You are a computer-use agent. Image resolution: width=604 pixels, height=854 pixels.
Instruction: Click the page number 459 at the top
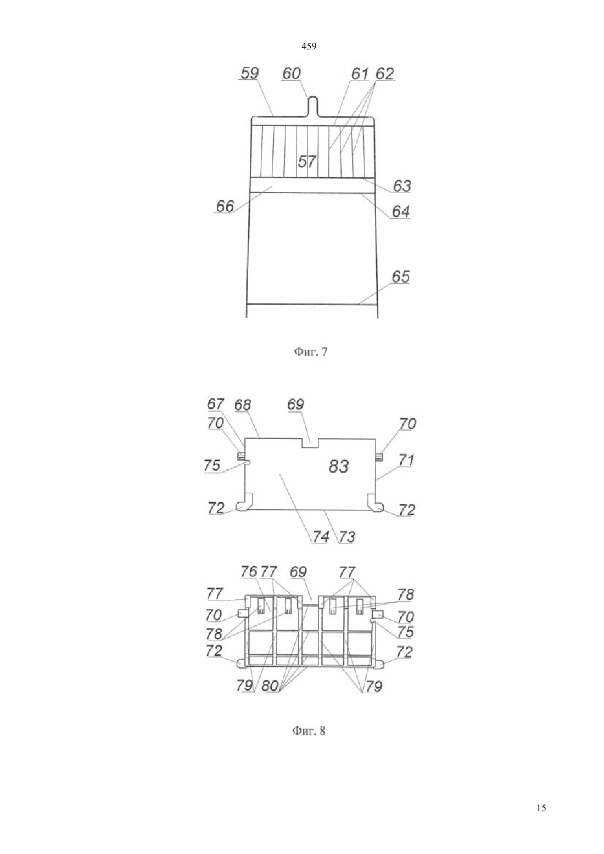tap(309, 47)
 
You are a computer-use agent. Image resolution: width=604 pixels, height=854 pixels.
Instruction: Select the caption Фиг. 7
tap(310, 352)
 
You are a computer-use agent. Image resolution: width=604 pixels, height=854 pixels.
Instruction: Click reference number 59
tap(250, 73)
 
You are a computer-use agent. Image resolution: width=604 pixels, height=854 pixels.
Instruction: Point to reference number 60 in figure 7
tap(292, 74)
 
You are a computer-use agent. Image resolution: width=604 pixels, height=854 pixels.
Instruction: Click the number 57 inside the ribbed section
tap(307, 162)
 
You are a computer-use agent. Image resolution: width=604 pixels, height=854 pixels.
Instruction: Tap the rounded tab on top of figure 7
tap(312, 106)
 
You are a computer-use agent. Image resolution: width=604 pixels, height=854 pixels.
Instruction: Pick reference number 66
tap(225, 206)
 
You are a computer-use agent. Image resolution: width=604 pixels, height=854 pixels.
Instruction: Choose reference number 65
tap(401, 277)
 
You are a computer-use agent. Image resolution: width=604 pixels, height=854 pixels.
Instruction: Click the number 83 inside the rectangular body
tap(339, 466)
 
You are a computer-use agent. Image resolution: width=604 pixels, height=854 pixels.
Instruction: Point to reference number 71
tap(406, 460)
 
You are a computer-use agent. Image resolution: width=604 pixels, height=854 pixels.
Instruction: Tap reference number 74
tap(321, 536)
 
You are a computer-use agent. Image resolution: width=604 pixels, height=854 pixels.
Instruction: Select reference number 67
tap(216, 404)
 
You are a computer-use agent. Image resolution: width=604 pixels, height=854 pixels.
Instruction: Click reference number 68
tap(243, 405)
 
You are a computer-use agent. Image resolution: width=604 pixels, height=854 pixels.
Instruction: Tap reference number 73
tap(347, 536)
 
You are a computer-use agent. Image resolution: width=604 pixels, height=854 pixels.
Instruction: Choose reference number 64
tap(401, 211)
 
